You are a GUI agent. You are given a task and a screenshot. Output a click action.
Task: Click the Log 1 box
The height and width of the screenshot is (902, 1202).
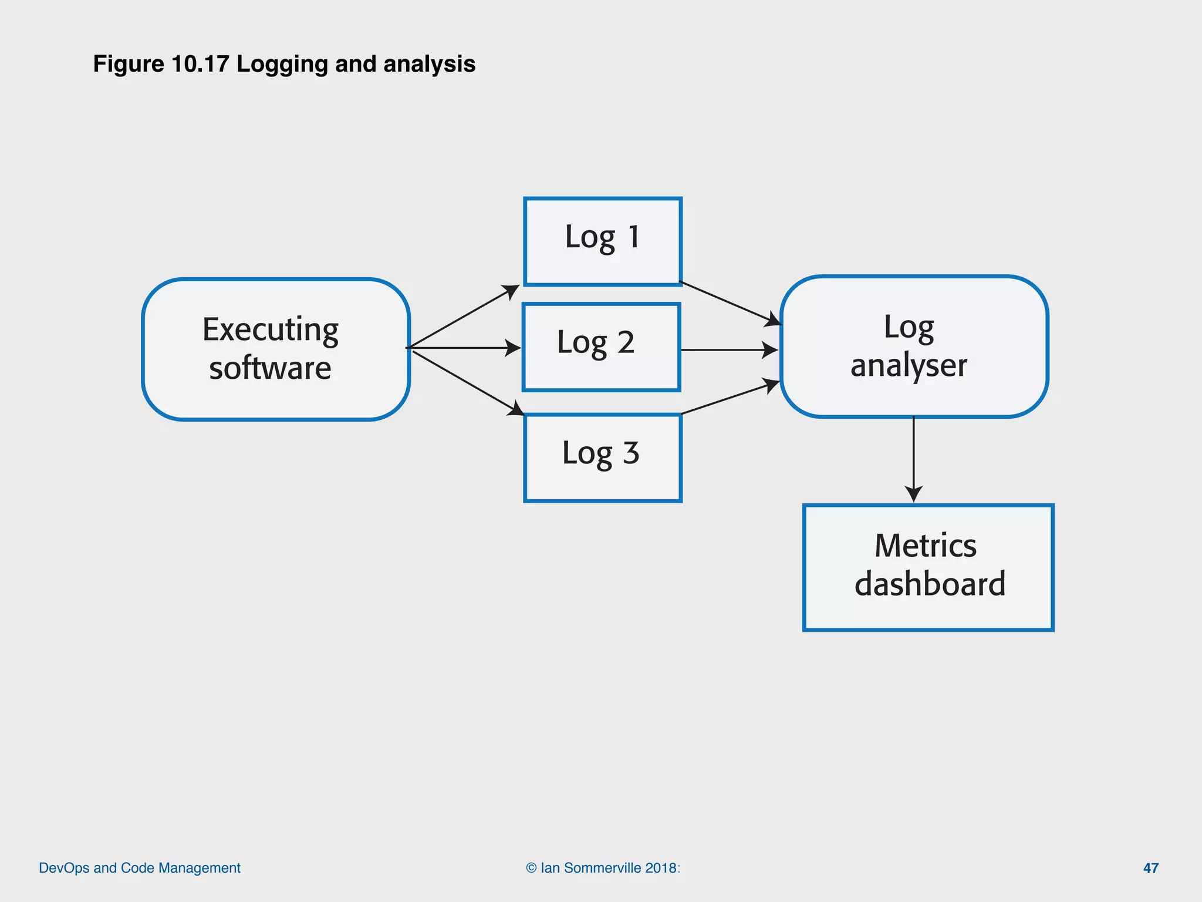tap(602, 241)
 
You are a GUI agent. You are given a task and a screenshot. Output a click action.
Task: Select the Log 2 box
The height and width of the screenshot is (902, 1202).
tap(601, 346)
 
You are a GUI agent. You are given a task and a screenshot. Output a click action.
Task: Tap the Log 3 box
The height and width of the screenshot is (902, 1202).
tap(602, 457)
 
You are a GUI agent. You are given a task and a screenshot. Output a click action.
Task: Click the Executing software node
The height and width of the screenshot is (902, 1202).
tap(276, 349)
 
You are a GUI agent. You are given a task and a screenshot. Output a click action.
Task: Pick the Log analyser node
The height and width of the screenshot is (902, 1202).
tap(914, 346)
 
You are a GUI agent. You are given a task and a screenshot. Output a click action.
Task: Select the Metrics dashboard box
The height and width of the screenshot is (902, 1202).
tap(928, 567)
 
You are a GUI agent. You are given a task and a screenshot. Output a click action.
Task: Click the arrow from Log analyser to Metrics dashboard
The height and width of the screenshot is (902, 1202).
tap(913, 458)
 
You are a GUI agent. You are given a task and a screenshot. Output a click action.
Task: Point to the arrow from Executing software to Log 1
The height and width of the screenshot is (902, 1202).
tap(464, 316)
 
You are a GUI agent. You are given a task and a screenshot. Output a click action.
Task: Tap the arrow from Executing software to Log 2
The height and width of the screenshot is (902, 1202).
tap(464, 348)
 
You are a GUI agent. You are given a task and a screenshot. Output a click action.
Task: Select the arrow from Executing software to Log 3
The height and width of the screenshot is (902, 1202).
tap(467, 382)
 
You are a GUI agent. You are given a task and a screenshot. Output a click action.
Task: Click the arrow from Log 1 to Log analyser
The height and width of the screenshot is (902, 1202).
tap(731, 304)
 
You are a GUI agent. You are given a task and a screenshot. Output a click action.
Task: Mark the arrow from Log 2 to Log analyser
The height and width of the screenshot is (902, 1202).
tap(728, 350)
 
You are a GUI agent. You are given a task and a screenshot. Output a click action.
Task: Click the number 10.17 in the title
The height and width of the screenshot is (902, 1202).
tap(200, 64)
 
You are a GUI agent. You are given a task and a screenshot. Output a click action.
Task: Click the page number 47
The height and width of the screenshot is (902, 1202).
tap(1150, 868)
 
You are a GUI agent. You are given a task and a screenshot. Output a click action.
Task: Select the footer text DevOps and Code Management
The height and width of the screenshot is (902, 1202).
tap(140, 868)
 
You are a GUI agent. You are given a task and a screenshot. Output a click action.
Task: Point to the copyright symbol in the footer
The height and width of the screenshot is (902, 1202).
tap(531, 868)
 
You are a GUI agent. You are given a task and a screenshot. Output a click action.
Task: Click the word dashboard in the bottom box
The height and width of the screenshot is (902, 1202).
tap(930, 584)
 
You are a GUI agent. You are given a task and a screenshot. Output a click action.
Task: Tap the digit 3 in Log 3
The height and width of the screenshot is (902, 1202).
tap(631, 453)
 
